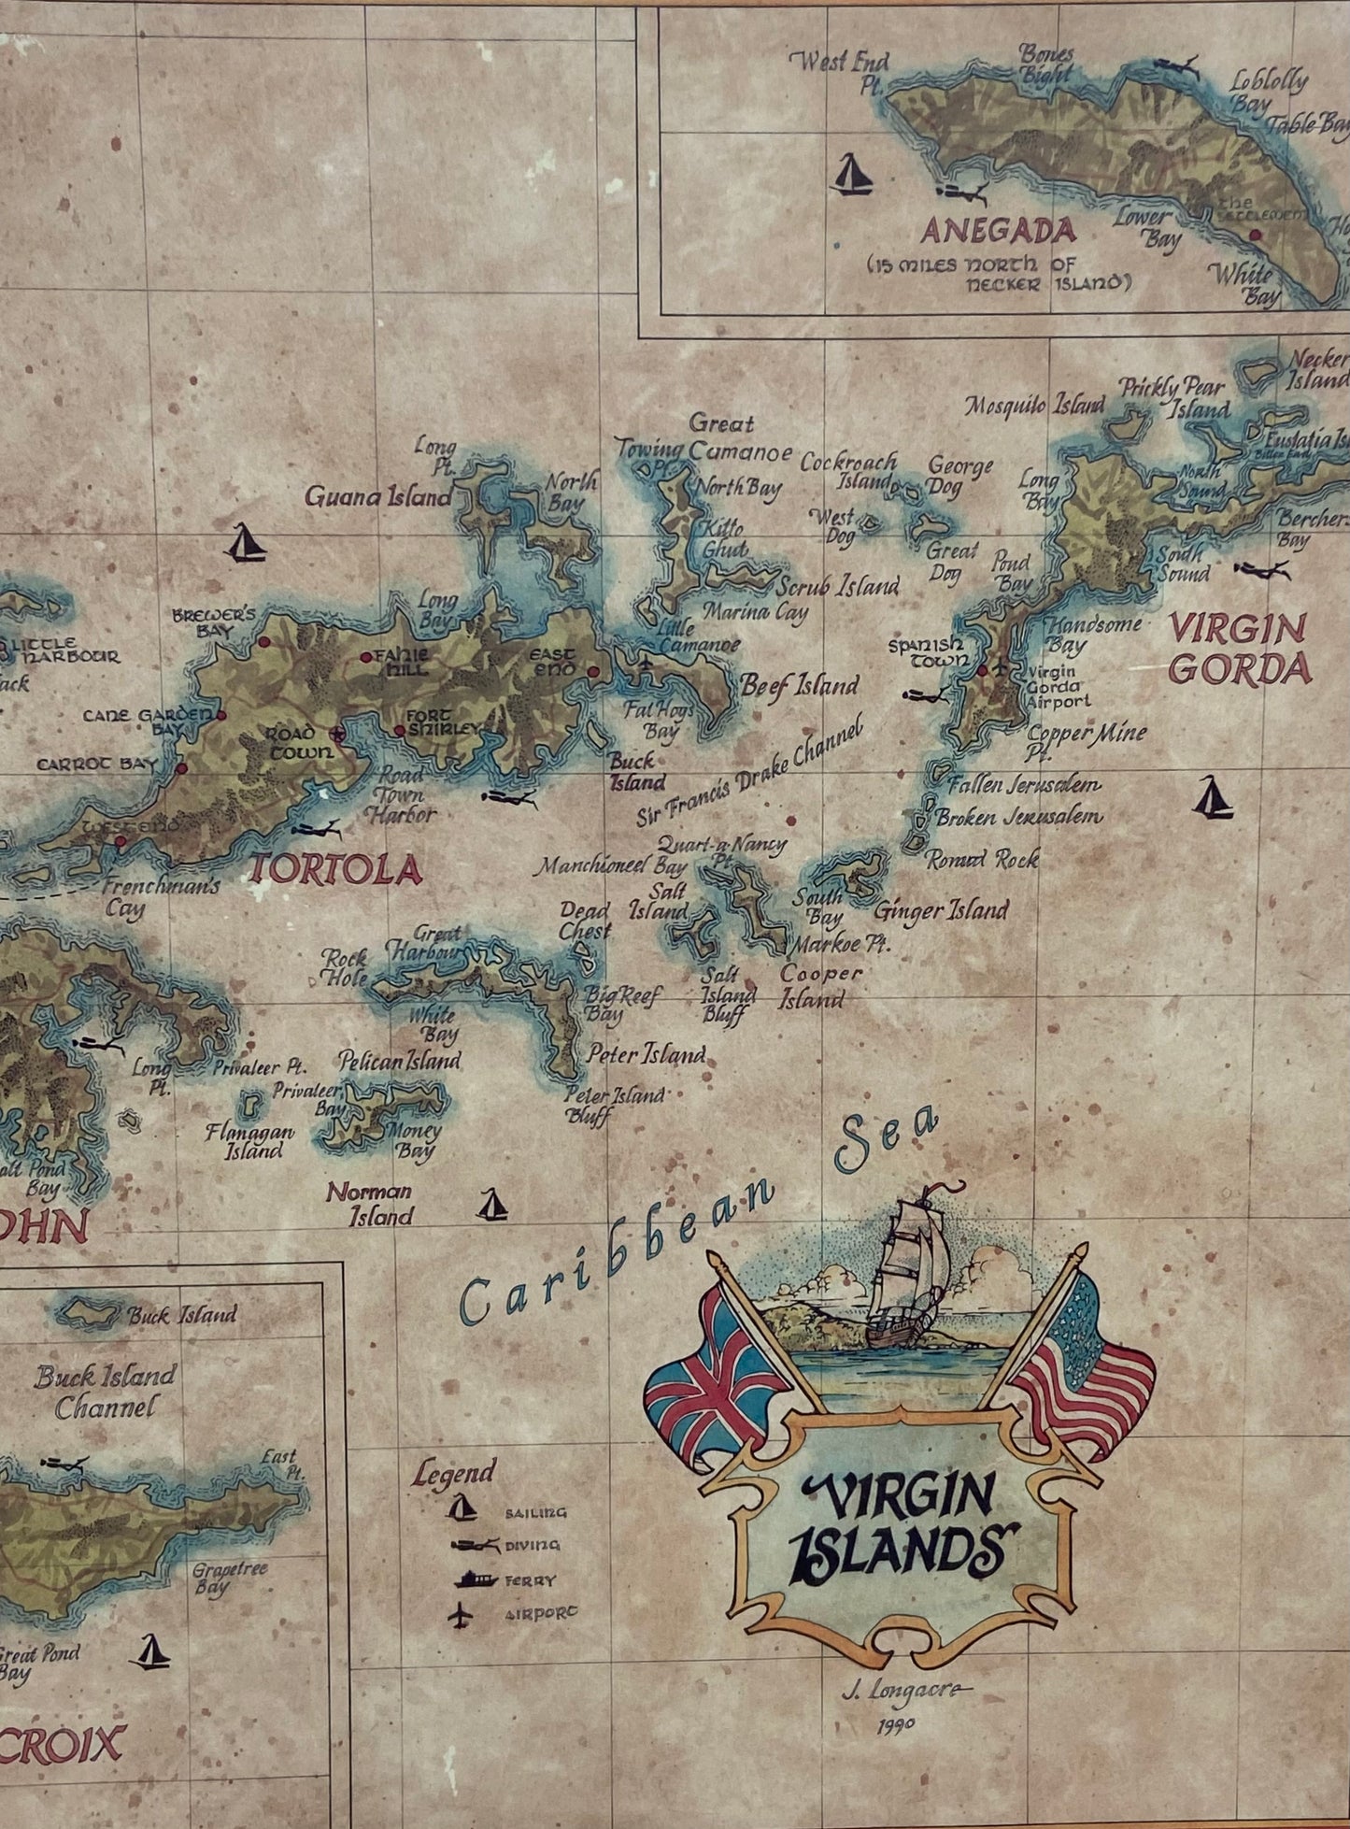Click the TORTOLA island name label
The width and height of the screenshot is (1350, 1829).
pyautogui.click(x=334, y=870)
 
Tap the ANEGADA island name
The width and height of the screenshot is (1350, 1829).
pyautogui.click(x=998, y=230)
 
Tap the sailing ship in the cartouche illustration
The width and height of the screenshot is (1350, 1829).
pyautogui.click(x=906, y=1277)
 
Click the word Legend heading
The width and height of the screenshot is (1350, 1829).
pyautogui.click(x=453, y=1474)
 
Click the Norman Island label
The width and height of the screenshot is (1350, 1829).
pyautogui.click(x=369, y=1204)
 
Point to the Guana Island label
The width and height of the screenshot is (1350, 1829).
pyautogui.click(x=378, y=495)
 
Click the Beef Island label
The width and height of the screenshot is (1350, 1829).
pyautogui.click(x=799, y=685)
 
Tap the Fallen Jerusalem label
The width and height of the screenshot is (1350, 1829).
pyautogui.click(x=1025, y=783)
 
